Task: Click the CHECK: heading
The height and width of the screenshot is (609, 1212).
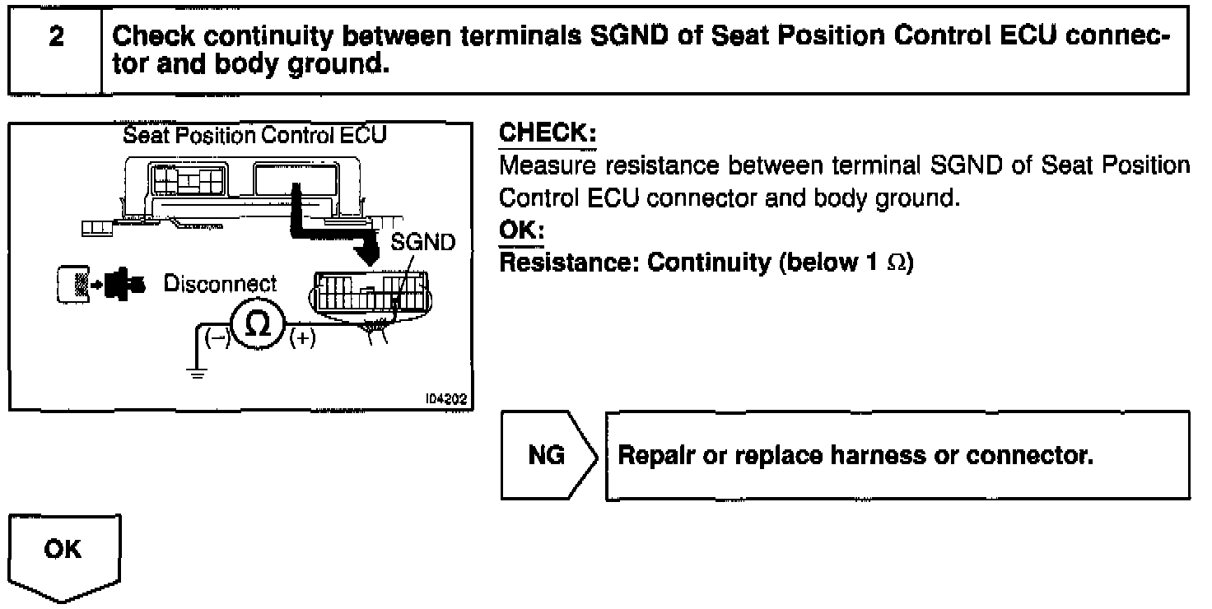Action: [548, 133]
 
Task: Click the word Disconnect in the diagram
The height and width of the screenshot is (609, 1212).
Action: [221, 284]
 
